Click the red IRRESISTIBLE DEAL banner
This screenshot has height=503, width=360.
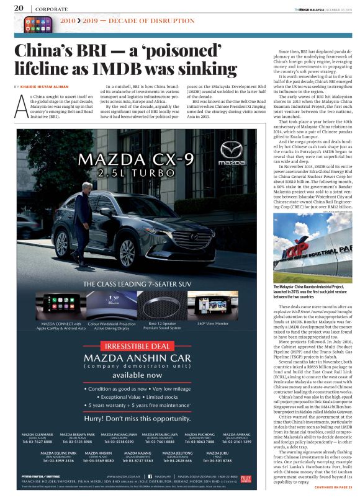click(x=138, y=346)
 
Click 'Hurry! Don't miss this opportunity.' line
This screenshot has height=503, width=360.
click(x=138, y=418)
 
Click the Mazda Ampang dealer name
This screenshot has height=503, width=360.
click(x=238, y=435)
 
